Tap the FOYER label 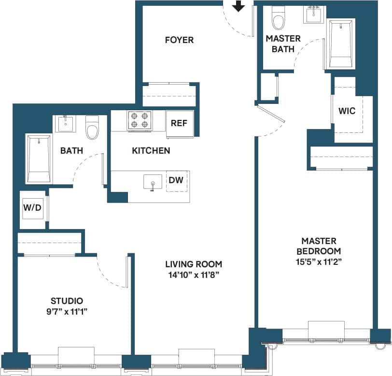tap(179, 40)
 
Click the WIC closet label tap(347, 111)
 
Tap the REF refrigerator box tap(179, 122)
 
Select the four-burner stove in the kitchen tap(140, 121)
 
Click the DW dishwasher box tap(176, 181)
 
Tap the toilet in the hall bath tap(92, 128)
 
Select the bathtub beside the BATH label tap(39, 159)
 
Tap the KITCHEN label tap(151, 151)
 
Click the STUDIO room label tap(67, 301)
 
